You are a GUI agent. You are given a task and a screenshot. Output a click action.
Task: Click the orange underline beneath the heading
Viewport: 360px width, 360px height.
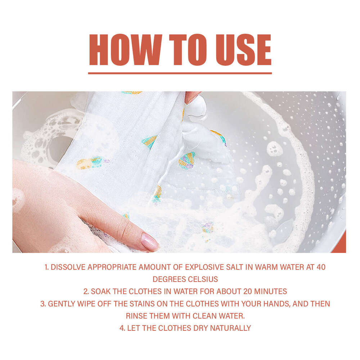pyautogui.click(x=180, y=73)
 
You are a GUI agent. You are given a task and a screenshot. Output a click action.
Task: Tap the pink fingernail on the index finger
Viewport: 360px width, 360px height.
pyautogui.click(x=150, y=242)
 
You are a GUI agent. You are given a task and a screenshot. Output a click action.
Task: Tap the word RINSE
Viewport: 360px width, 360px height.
pyautogui.click(x=136, y=316)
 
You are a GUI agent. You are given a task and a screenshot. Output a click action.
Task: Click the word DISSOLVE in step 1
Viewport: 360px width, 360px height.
pyautogui.click(x=68, y=267)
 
